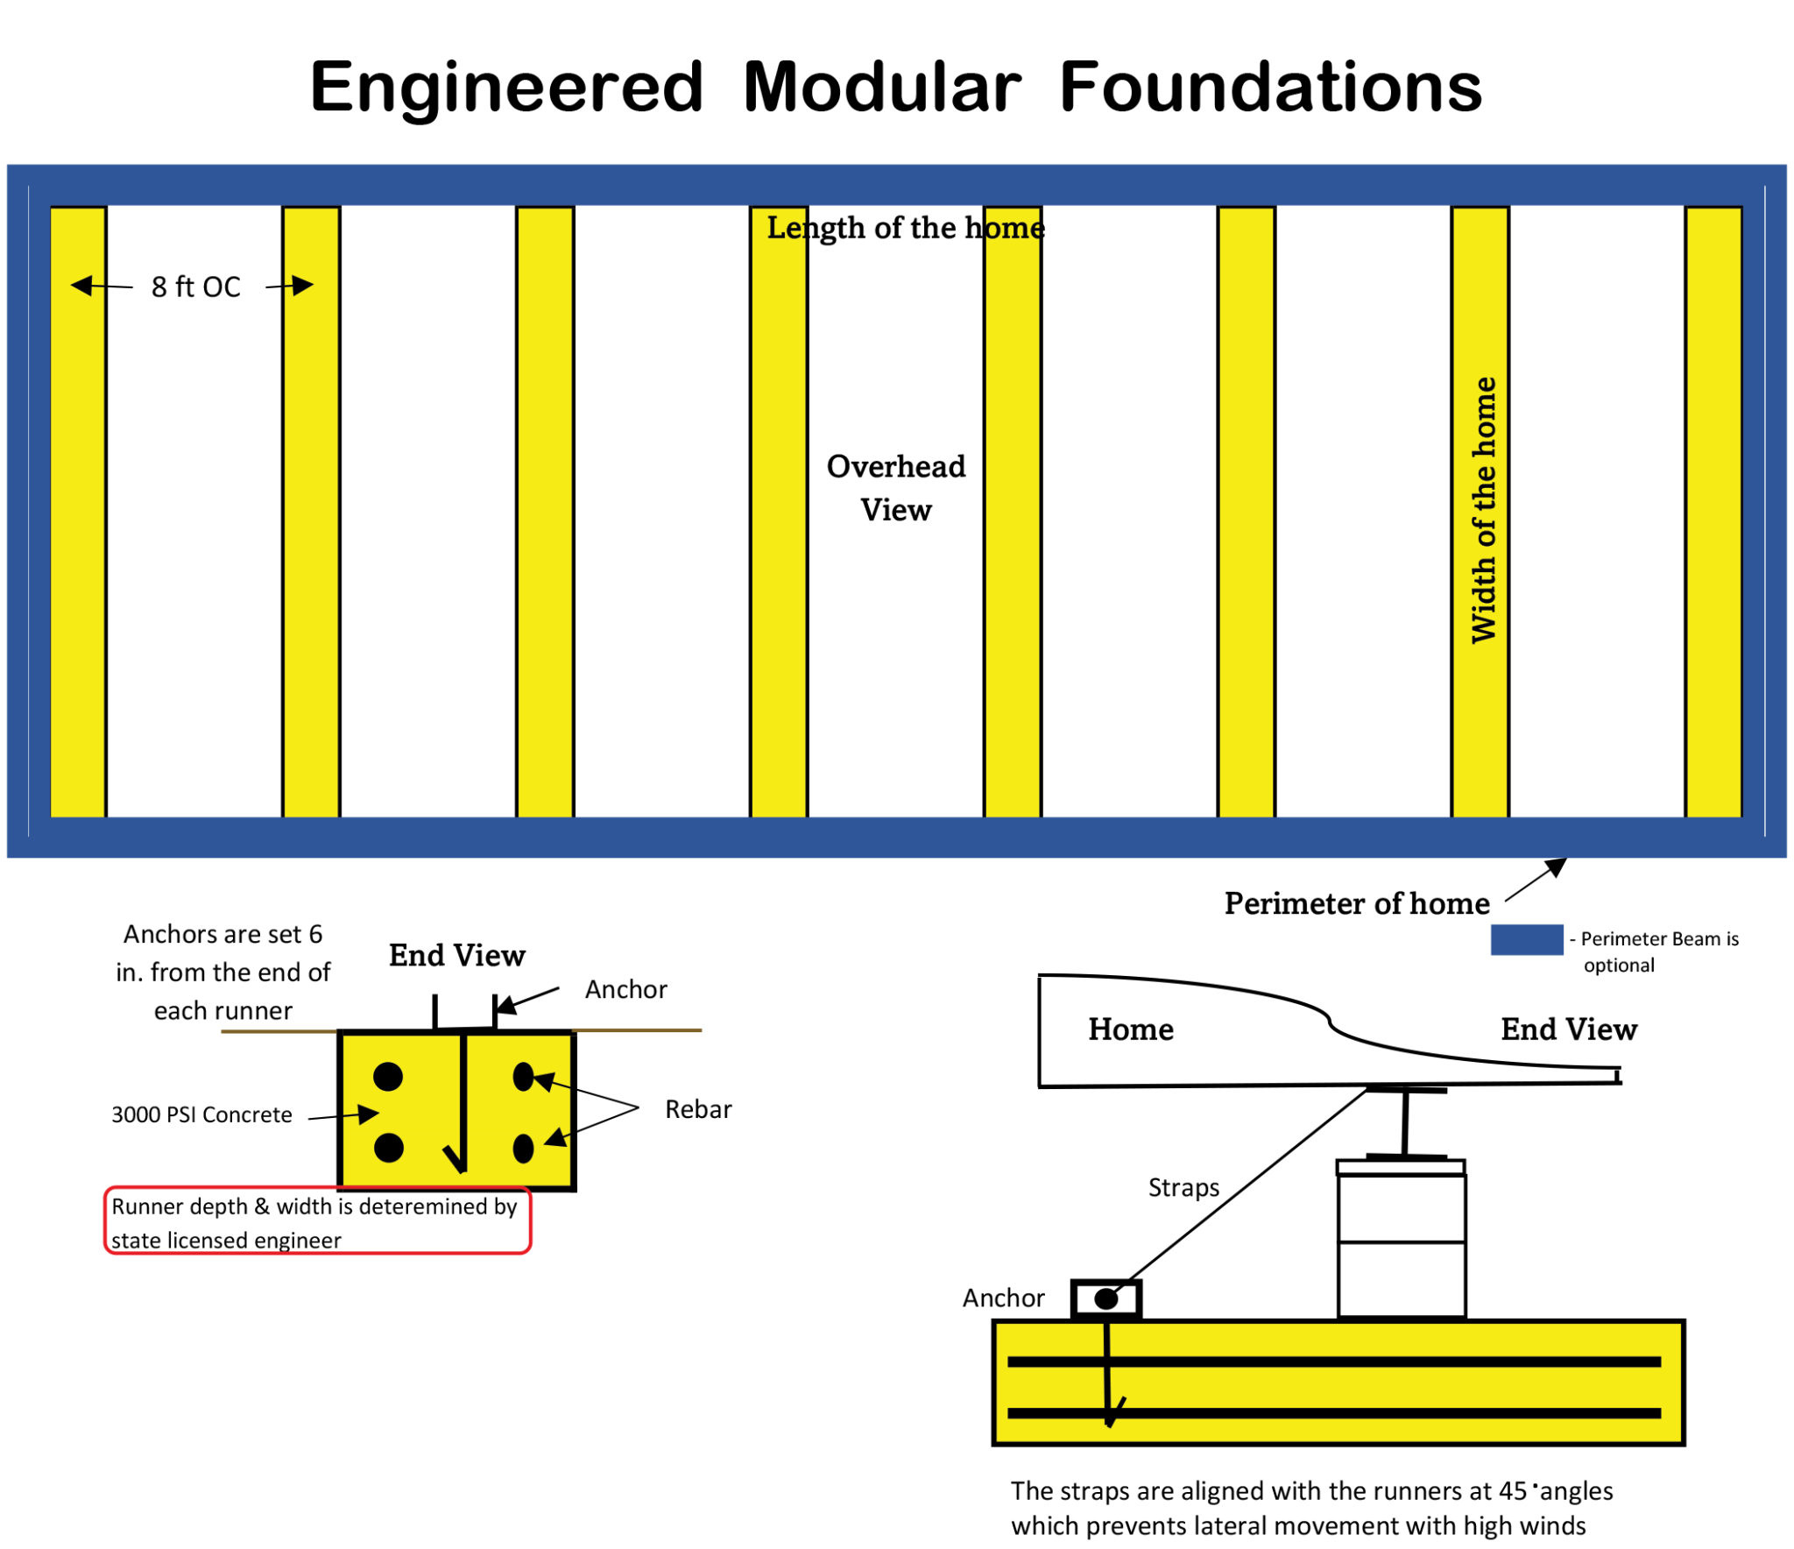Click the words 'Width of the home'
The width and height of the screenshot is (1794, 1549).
(1484, 511)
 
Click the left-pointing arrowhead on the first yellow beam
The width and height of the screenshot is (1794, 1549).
(81, 286)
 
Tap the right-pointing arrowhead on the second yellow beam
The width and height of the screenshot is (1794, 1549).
(302, 286)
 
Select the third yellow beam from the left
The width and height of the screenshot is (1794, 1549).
(545, 512)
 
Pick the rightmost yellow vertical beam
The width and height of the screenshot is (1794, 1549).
(1713, 512)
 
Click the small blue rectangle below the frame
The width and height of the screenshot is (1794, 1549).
(1527, 939)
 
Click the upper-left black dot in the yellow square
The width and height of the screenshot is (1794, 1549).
(388, 1077)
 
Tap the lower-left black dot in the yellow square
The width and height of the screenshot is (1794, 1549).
(388, 1148)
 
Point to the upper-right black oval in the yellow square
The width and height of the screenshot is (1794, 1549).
(523, 1077)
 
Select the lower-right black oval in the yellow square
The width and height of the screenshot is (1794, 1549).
(523, 1149)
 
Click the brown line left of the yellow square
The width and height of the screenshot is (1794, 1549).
(279, 1031)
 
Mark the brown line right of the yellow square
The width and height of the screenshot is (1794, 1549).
(637, 1031)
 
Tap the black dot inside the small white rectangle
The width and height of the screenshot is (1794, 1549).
(1105, 1299)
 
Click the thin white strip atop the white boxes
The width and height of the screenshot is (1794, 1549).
(1401, 1167)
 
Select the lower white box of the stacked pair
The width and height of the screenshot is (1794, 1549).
(1402, 1280)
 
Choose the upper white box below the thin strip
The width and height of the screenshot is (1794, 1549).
(1402, 1209)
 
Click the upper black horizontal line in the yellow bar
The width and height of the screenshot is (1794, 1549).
(1334, 1362)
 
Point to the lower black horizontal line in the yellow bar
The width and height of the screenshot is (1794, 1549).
(1334, 1413)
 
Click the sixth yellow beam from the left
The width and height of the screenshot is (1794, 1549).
(1247, 512)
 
